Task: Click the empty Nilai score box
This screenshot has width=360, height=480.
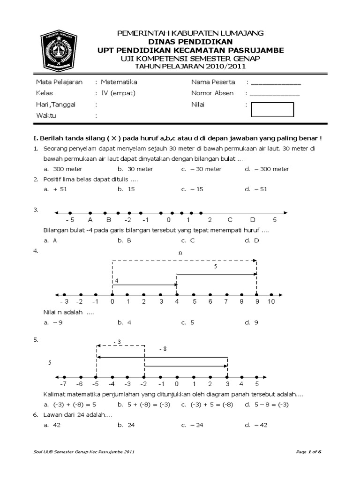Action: point(272,109)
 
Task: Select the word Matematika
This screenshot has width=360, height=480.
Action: point(120,82)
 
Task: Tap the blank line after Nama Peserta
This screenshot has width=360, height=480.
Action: point(275,82)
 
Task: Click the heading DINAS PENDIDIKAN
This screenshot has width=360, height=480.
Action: point(190,41)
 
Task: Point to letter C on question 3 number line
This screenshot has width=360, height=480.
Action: point(230,220)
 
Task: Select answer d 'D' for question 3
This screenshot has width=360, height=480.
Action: point(255,240)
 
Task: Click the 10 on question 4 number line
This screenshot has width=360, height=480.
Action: point(271,302)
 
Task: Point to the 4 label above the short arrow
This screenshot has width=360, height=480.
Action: point(117,281)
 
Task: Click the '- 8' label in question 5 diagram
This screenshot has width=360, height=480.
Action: point(163,350)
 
